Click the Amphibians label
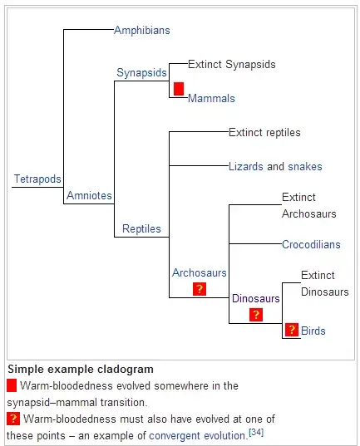[x=142, y=30]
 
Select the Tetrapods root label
[x=37, y=179]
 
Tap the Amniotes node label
[x=89, y=195]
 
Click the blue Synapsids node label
[x=141, y=72]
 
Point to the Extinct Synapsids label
[x=232, y=64]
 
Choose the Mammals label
[x=211, y=98]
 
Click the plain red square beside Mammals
[x=179, y=89]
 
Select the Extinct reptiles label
[x=264, y=133]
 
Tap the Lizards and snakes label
[x=275, y=166]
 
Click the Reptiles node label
[x=141, y=228]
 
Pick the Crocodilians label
[x=311, y=245]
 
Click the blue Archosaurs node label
[x=200, y=272]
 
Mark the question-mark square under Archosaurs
[x=200, y=289]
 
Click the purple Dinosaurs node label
[x=256, y=298]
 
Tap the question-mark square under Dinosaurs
[x=256, y=315]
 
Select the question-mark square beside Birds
[x=292, y=330]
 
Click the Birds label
[x=313, y=331]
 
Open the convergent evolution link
[x=197, y=436]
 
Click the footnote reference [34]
[x=256, y=433]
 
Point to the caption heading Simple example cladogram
[x=81, y=370]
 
